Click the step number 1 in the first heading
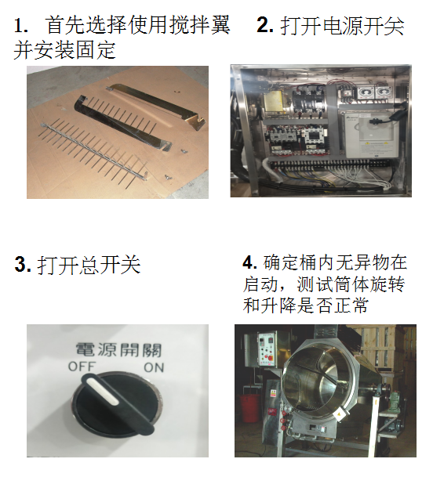pos(20,26)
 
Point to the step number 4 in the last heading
pos(250,262)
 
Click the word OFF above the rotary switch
pos(82,367)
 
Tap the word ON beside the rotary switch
pos(154,367)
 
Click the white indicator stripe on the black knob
pos(102,392)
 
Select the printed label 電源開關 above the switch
pos(118,350)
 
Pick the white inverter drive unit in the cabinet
pos(373,135)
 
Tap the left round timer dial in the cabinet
pos(365,92)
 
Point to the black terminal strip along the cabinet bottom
pos(330,166)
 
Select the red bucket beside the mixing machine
pos(251,408)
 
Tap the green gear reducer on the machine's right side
pos(394,402)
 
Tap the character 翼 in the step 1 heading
pos(220,25)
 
